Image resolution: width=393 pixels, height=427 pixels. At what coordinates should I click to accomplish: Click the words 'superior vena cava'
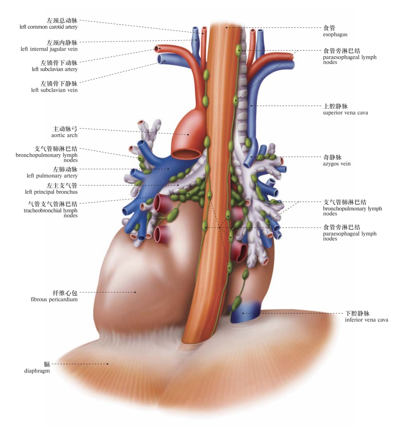(x=345, y=113)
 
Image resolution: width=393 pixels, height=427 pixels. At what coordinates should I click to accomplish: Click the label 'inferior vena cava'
(x=367, y=320)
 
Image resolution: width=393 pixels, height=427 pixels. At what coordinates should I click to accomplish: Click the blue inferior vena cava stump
(x=244, y=313)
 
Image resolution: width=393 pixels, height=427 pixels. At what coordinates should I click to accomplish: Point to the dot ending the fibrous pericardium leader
(x=136, y=292)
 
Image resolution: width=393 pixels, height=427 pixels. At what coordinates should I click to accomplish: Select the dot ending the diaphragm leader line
(x=108, y=364)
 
